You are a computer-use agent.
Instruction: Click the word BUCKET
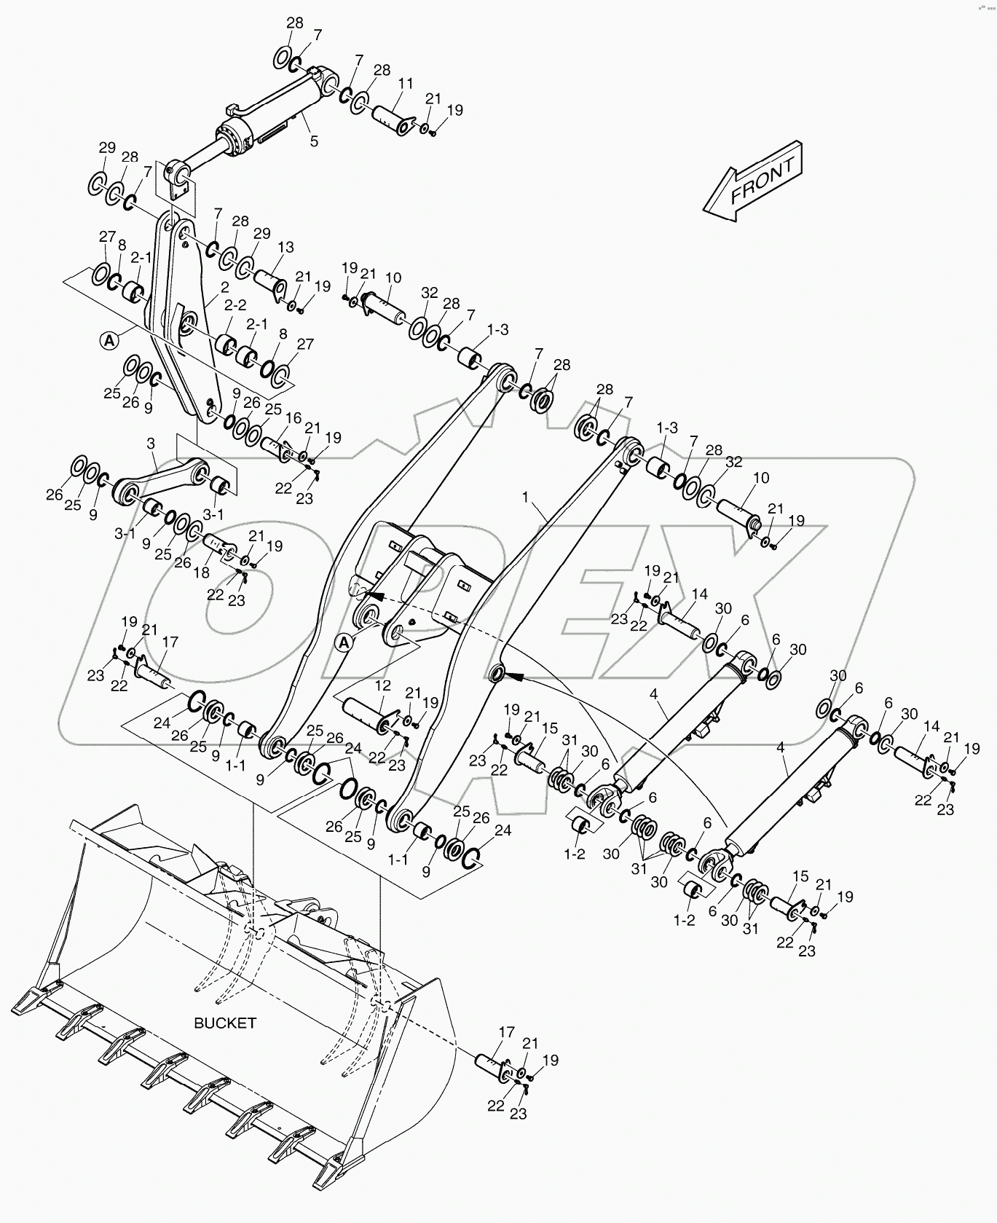point(225,1023)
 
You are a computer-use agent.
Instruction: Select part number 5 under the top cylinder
point(314,141)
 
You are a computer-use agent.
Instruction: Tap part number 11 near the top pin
point(406,83)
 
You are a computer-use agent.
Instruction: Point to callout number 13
point(285,247)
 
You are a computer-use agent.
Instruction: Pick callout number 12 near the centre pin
point(383,685)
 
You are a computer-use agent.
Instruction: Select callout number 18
point(202,573)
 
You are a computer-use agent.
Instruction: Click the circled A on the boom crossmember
point(345,641)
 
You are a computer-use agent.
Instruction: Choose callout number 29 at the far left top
point(107,148)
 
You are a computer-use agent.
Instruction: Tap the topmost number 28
point(294,23)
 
